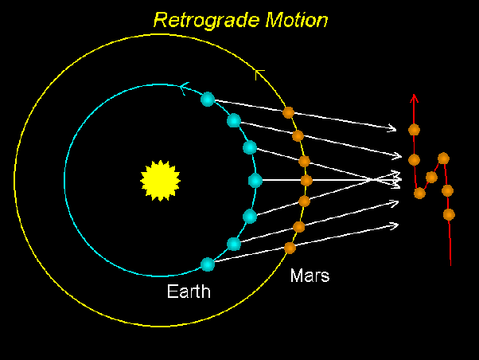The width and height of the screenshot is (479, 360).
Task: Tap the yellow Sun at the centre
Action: tap(161, 180)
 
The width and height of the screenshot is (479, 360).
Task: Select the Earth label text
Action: tap(189, 292)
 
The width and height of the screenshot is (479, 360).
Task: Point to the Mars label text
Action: tap(310, 276)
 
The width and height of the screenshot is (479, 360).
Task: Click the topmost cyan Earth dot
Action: tap(208, 100)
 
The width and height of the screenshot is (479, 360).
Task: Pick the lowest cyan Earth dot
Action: tap(208, 264)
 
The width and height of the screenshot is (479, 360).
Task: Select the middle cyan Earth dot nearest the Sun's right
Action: tap(255, 181)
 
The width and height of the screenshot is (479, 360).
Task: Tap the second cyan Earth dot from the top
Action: tap(234, 121)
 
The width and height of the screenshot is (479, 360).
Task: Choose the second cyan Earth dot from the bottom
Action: tap(234, 244)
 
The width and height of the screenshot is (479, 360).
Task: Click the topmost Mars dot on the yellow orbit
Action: tap(290, 113)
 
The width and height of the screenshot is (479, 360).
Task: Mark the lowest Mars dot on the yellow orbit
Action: tap(290, 248)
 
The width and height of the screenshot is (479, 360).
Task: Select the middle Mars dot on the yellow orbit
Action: tap(306, 181)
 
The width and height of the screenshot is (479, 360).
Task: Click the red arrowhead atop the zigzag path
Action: tap(414, 99)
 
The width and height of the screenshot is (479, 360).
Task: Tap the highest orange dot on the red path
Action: tap(414, 130)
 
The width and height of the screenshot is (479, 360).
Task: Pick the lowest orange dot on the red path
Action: tap(449, 214)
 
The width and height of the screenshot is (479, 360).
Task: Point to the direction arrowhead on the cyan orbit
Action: tap(185, 89)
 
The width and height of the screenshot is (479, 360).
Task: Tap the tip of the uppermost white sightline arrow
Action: tap(395, 127)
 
